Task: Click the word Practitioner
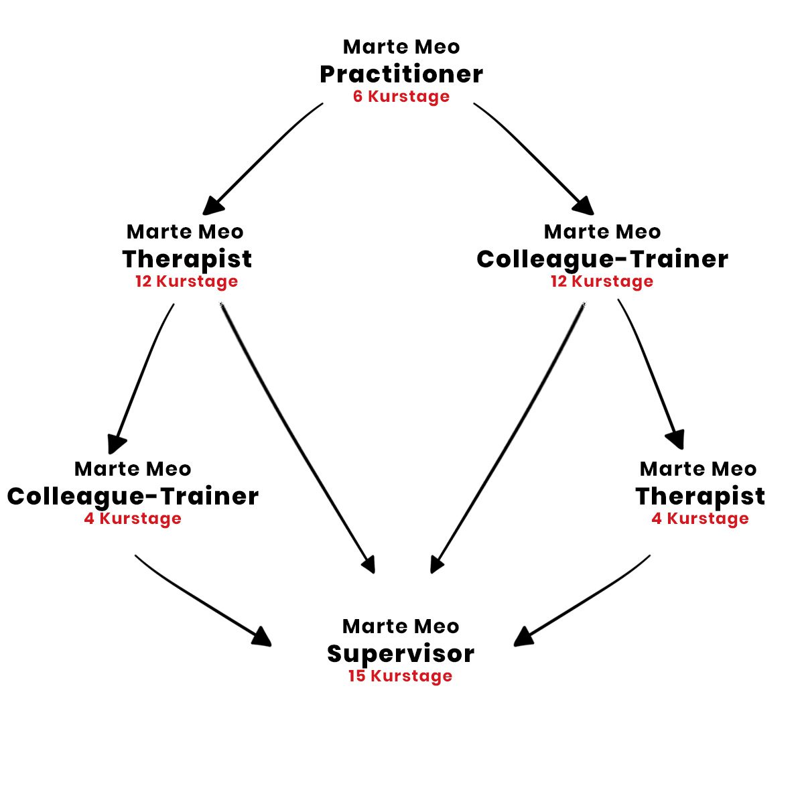401,74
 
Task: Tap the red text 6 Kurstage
401,96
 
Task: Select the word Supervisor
401,654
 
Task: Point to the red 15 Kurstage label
401,676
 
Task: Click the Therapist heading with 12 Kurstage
187,259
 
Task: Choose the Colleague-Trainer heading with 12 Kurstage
602,259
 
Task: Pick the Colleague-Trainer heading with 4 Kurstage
133,496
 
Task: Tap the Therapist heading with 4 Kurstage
700,496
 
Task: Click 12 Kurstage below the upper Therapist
187,281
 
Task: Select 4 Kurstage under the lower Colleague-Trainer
133,519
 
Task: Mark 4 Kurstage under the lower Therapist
700,519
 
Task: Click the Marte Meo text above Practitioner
401,47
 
